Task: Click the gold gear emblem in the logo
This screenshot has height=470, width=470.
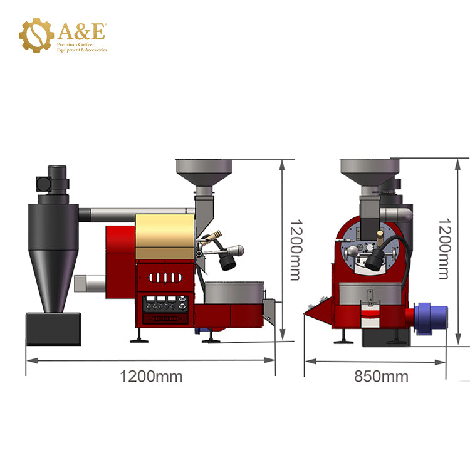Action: pyautogui.click(x=36, y=35)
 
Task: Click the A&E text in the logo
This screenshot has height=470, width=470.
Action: pyautogui.click(x=81, y=31)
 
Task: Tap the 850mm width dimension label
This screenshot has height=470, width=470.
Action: pyautogui.click(x=381, y=376)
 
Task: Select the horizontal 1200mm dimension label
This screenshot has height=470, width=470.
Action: pyautogui.click(x=151, y=376)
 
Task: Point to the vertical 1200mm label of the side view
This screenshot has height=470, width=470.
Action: pyautogui.click(x=296, y=250)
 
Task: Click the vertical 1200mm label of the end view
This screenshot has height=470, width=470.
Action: pyautogui.click(x=445, y=249)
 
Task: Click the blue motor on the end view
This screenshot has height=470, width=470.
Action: pyautogui.click(x=431, y=318)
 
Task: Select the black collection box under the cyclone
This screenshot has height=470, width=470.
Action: pyautogui.click(x=53, y=329)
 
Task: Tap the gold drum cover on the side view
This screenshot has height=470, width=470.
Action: pyautogui.click(x=165, y=236)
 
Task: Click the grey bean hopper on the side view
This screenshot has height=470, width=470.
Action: pyautogui.click(x=204, y=173)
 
